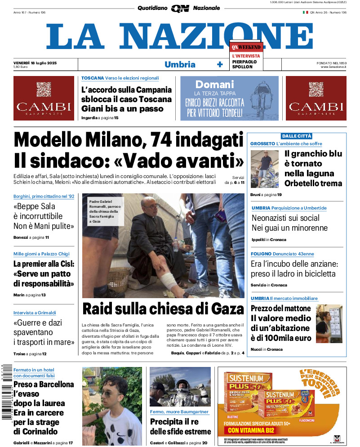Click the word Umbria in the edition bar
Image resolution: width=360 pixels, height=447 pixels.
tap(180, 64)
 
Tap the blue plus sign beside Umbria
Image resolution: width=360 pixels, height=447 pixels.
tap(220, 64)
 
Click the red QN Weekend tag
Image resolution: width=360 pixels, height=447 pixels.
tap(246, 47)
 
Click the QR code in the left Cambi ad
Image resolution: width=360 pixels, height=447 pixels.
tap(44, 89)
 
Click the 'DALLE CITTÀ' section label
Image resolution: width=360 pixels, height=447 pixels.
tap(296, 136)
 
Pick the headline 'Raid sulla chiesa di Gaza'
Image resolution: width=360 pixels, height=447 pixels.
tap(163, 309)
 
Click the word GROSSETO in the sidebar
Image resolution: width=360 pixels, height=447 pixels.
tap(262, 143)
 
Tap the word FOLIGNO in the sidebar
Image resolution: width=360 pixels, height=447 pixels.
tap(261, 254)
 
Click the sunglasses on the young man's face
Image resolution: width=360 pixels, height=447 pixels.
tap(108, 393)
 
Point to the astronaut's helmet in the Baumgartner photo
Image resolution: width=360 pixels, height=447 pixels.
tap(181, 388)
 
